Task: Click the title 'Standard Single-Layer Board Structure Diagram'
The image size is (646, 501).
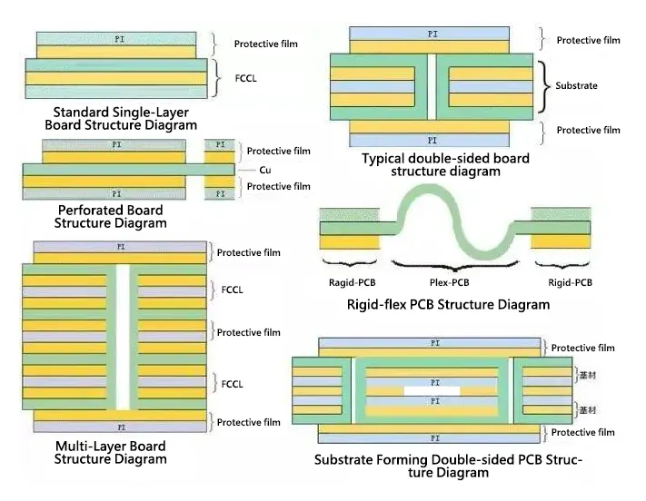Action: [120, 118]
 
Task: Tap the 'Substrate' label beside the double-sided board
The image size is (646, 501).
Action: [576, 85]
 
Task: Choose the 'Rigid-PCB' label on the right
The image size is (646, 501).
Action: [570, 282]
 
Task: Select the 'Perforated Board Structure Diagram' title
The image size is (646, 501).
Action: [110, 216]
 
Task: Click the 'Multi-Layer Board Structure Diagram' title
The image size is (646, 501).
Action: [110, 452]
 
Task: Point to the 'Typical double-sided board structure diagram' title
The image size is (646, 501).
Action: [445, 164]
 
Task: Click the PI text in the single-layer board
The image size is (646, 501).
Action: [120, 39]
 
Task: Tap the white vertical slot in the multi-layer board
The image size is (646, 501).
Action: [125, 336]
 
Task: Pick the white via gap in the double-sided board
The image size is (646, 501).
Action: [432, 86]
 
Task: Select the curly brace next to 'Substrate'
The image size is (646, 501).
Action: [543, 86]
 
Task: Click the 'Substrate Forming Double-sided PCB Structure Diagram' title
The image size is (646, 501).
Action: [448, 466]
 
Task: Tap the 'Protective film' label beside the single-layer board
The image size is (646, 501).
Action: [265, 44]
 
